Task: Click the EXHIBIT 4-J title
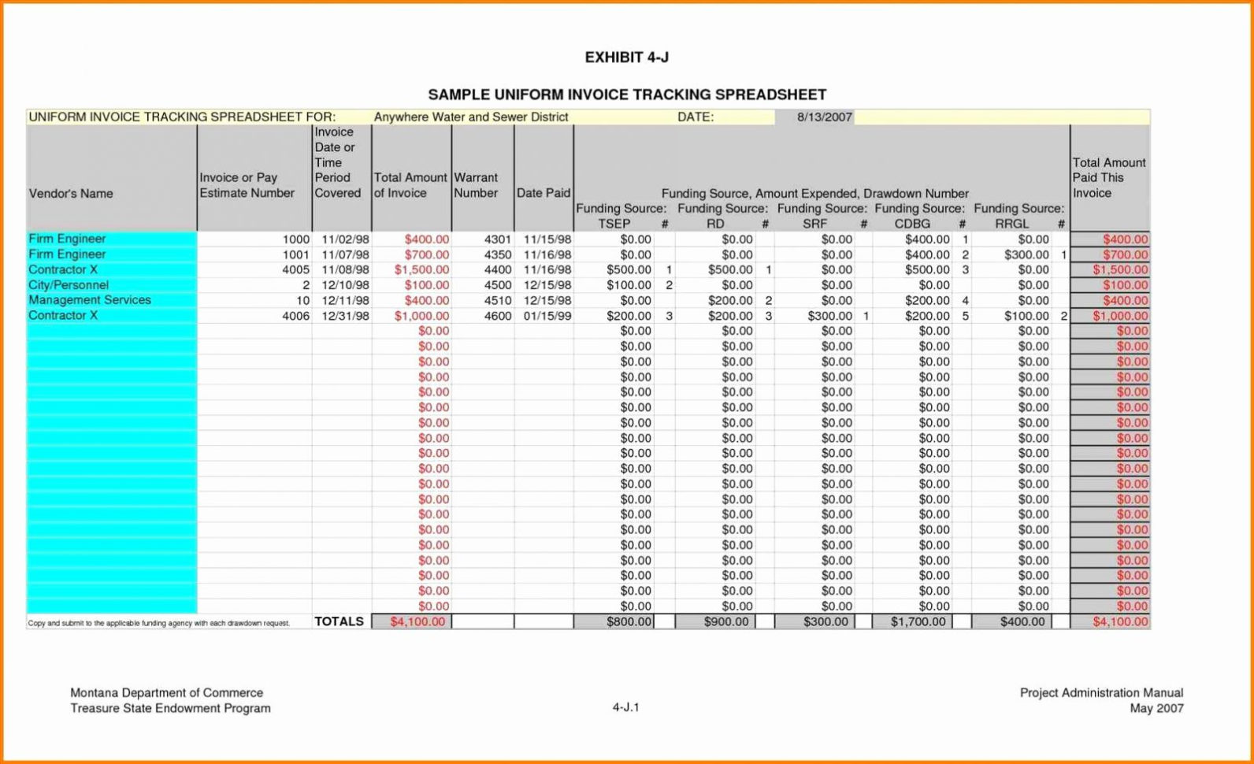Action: pos(626,57)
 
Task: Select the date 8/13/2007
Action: pos(824,117)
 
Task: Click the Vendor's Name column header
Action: pos(71,194)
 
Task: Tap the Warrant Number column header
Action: pos(476,185)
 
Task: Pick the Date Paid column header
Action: pos(543,193)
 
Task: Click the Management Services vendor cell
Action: pos(90,300)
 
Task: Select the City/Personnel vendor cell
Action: pos(69,285)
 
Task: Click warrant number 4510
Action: pos(497,300)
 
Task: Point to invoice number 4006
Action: pos(295,316)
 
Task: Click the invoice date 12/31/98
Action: pos(345,316)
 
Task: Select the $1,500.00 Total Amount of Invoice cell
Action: pos(421,269)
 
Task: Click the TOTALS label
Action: pos(339,621)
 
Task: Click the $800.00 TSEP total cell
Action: pos(629,621)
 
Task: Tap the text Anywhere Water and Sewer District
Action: pos(470,117)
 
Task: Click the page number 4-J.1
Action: pos(625,707)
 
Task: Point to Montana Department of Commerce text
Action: pos(166,693)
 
